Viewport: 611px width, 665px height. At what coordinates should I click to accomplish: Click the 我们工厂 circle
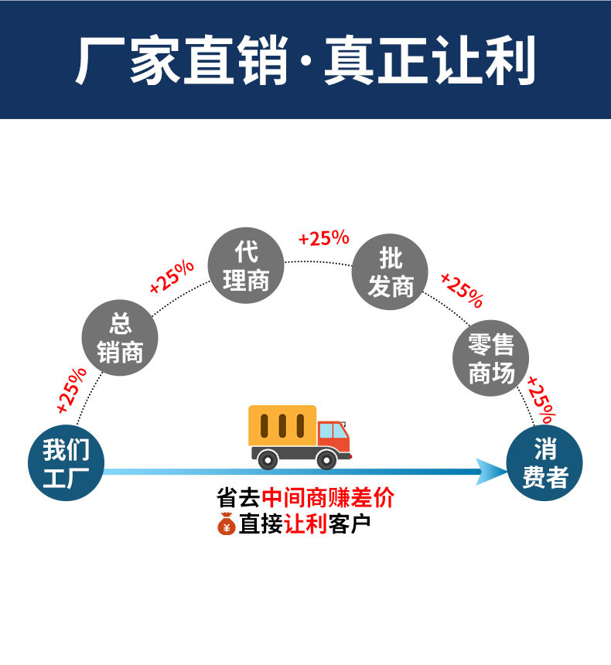tap(65, 462)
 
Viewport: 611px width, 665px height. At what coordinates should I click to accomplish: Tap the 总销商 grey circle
tap(120, 338)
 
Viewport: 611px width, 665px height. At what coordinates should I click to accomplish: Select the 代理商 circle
tap(246, 265)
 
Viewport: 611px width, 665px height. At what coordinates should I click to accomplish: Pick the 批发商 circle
tap(390, 272)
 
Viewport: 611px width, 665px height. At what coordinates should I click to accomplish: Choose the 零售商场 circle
tap(490, 358)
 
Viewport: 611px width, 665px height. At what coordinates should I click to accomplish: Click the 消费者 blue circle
tap(544, 463)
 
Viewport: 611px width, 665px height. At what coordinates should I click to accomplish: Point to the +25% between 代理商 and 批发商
tap(323, 238)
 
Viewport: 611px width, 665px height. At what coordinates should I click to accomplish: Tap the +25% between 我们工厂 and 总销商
tap(72, 388)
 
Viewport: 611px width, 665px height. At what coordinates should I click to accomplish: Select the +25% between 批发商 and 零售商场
tap(462, 290)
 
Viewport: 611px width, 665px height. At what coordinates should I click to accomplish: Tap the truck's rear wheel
tap(268, 459)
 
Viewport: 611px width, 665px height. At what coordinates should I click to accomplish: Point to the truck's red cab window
tap(333, 430)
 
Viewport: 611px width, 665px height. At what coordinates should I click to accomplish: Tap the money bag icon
tap(226, 523)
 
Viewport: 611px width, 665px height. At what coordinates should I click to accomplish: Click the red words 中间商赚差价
tap(328, 497)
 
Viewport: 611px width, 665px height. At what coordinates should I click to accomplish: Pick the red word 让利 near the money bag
tap(306, 523)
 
